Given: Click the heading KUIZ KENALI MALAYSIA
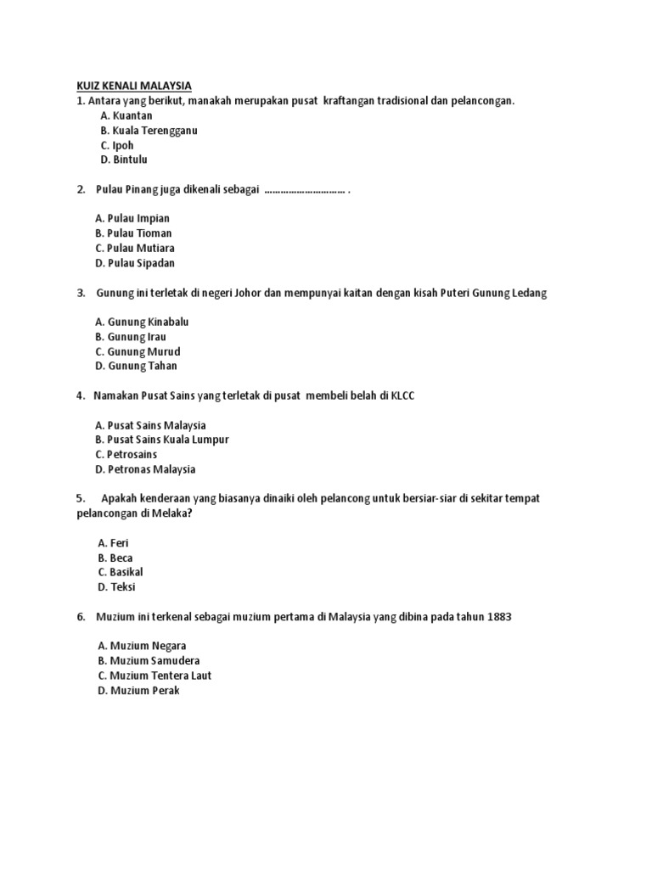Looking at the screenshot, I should click(x=129, y=86).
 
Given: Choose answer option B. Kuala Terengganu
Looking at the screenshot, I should click(x=149, y=130).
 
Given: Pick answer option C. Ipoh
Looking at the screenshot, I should click(x=117, y=144).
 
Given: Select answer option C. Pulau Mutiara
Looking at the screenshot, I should click(x=135, y=248).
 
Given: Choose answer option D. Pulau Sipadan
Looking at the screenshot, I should click(x=135, y=263).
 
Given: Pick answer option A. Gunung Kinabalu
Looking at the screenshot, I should click(x=143, y=322).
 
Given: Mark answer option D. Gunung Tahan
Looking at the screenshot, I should click(x=137, y=366).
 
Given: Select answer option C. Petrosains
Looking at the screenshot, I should click(x=126, y=454).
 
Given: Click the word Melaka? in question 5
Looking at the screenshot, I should click(x=171, y=513).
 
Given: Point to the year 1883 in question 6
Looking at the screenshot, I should click(x=500, y=617).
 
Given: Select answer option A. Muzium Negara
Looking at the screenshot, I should click(x=141, y=646).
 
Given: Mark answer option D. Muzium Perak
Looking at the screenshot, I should click(x=138, y=690).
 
